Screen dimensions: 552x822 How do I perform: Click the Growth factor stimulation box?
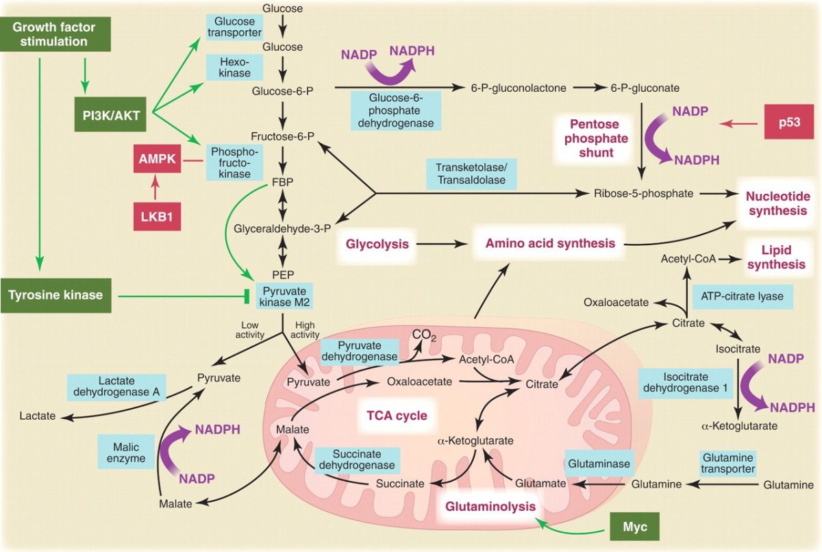click(53, 34)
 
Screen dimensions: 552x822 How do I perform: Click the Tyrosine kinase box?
click(56, 296)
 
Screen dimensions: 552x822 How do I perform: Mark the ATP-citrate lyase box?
click(743, 297)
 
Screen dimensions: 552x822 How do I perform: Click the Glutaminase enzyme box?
click(598, 464)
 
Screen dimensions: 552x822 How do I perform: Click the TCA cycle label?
click(397, 415)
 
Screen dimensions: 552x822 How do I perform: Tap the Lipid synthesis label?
click(775, 257)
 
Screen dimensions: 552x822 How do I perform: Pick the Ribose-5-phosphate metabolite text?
click(645, 193)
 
